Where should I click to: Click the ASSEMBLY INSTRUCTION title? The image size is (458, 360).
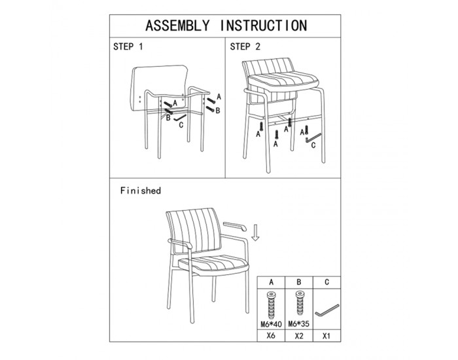coord(226,26)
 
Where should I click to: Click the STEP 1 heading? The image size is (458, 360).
coord(128,46)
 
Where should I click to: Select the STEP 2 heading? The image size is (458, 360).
coord(245,46)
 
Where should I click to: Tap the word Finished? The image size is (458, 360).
coord(141,191)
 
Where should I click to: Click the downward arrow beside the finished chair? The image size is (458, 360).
coord(256,232)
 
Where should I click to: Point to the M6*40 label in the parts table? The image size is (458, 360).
coord(272,324)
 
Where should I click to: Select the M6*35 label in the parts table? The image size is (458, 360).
coord(299,324)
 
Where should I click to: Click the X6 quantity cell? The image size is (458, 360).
coord(272,336)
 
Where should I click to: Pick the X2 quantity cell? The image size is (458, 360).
coord(299,336)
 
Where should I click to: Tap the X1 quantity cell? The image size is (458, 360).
coord(326,336)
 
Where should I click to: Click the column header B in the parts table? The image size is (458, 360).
coord(299,282)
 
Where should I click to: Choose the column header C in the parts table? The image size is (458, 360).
coord(326,282)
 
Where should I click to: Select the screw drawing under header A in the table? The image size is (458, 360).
coord(272,305)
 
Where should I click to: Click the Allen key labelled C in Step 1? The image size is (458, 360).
coord(180,118)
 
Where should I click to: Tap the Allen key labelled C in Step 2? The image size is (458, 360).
coord(313,138)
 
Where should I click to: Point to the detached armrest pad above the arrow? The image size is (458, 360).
coord(234,226)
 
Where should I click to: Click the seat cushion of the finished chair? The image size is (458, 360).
coord(213,264)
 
